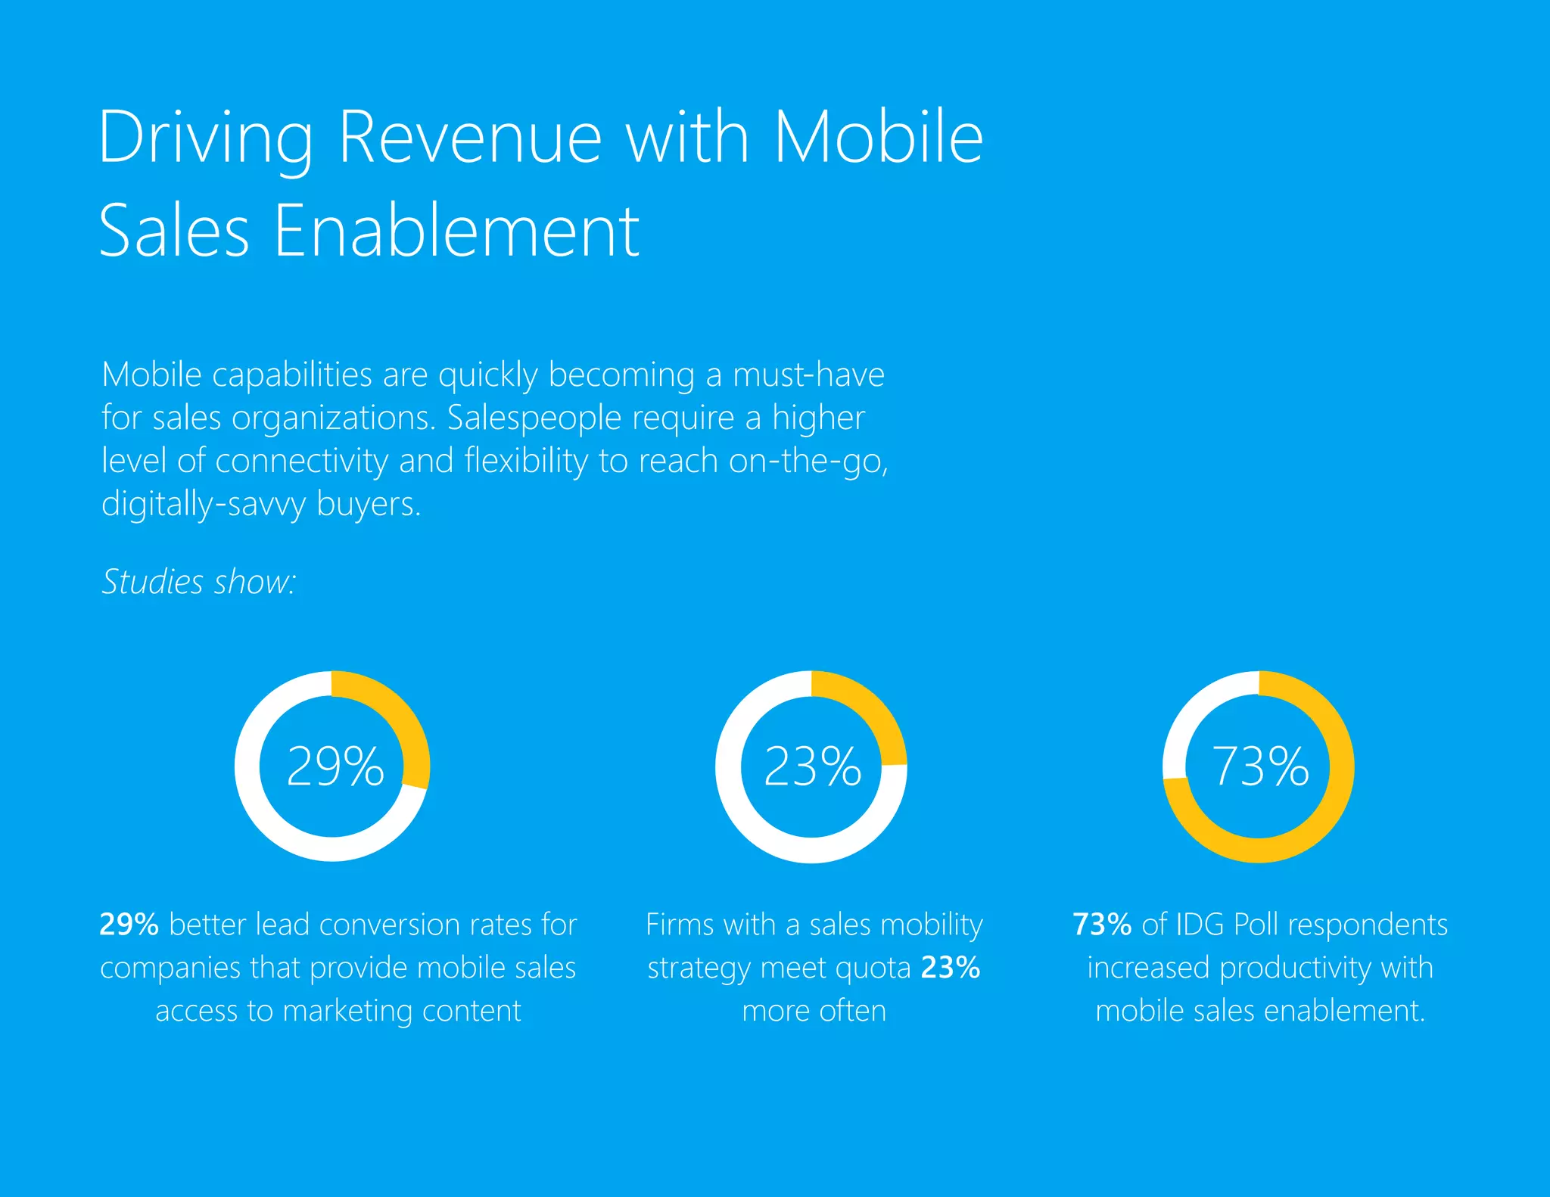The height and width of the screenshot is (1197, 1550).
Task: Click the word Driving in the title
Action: [x=204, y=138]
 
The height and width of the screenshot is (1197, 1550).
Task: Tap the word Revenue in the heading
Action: [x=469, y=138]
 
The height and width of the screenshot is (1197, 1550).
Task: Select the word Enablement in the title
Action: [x=456, y=232]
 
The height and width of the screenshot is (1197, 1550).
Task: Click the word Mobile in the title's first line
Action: [x=878, y=138]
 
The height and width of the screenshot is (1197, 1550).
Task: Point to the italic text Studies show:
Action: [x=198, y=582]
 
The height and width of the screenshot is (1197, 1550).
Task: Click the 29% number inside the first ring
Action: [x=335, y=766]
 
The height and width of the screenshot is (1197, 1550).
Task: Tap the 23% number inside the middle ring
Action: [x=812, y=766]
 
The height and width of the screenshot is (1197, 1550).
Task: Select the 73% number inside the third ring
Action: [x=1260, y=766]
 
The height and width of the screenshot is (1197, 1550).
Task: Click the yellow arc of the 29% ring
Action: [x=401, y=719]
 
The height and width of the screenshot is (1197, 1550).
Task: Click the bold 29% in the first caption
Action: [x=129, y=925]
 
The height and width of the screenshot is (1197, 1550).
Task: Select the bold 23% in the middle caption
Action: [x=951, y=968]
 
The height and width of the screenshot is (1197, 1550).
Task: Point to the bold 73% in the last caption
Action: [x=1102, y=925]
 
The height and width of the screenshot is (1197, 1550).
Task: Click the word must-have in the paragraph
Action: [x=808, y=375]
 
